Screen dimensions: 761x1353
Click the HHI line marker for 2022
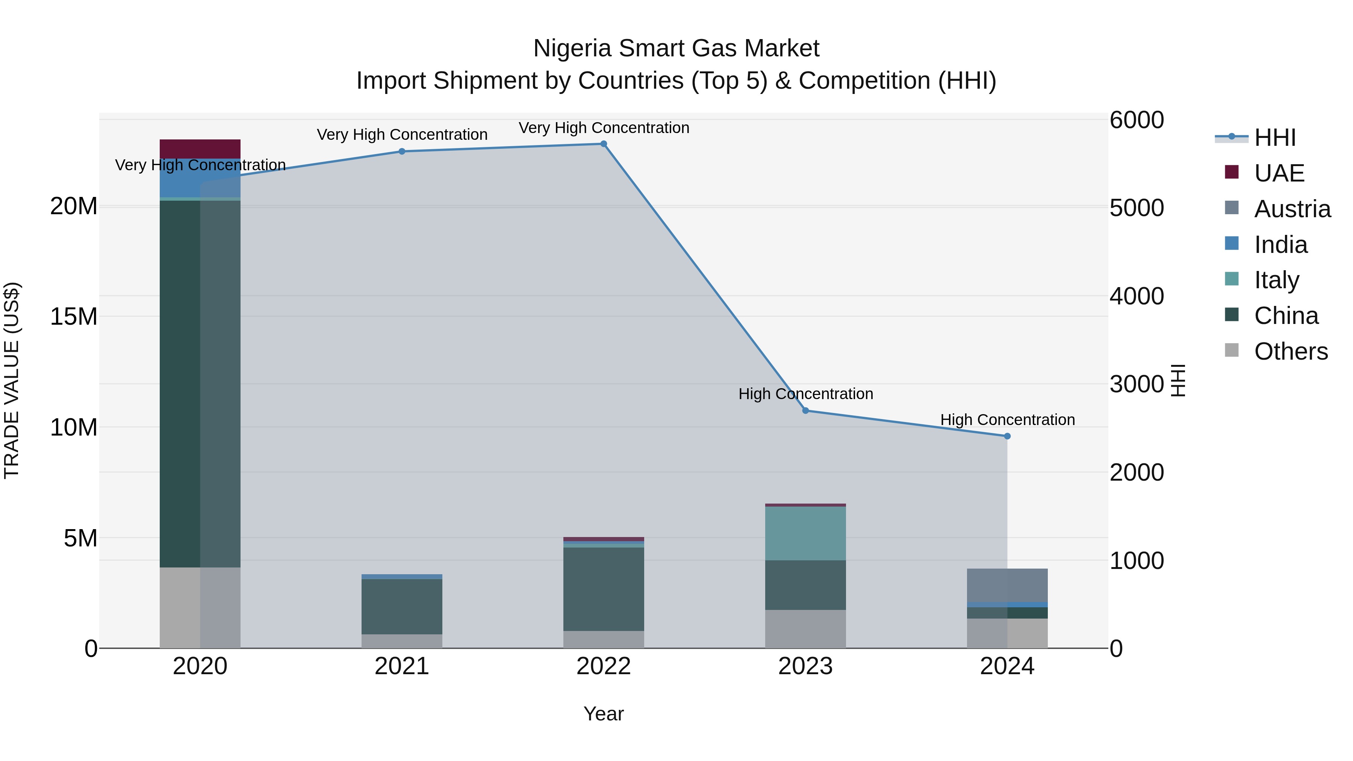pyautogui.click(x=604, y=144)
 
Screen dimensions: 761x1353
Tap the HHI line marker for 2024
pyautogui.click(x=1007, y=436)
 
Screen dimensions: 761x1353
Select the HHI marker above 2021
pyautogui.click(x=402, y=151)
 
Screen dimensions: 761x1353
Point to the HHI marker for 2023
pyautogui.click(x=805, y=411)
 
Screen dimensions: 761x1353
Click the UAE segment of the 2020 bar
pyautogui.click(x=200, y=148)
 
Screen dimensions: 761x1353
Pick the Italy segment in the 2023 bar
pyautogui.click(x=805, y=533)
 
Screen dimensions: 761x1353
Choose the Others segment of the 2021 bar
pyautogui.click(x=402, y=641)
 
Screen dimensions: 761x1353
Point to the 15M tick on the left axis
pyautogui.click(x=74, y=317)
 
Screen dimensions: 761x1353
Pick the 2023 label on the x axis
pyautogui.click(x=805, y=666)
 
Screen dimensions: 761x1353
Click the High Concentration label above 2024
pyautogui.click(x=1007, y=420)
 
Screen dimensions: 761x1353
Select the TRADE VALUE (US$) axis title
pyautogui.click(x=12, y=380)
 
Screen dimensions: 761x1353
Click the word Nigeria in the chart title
pyautogui.click(x=572, y=48)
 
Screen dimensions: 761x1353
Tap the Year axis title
pyautogui.click(x=604, y=714)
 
